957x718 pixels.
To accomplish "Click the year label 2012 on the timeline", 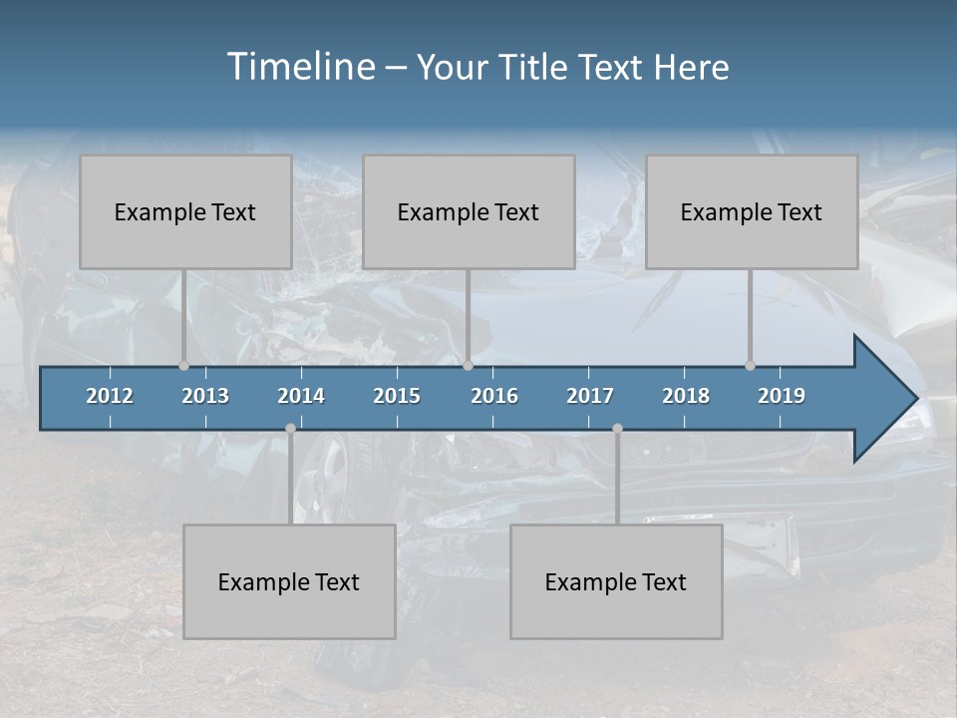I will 110,396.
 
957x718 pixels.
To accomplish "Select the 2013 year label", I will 205,396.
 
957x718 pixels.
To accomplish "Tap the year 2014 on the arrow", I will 301,396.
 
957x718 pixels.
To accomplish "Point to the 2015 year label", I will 397,396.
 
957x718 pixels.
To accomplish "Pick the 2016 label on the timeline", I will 494,396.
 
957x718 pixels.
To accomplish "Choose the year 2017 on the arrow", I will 590,396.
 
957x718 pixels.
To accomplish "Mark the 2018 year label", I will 686,396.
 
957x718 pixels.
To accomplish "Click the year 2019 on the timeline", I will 782,396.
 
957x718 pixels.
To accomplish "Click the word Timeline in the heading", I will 300,67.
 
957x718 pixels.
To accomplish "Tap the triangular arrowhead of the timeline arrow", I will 882,399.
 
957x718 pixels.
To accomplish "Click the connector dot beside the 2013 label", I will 183,365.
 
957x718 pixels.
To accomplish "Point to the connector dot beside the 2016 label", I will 468,365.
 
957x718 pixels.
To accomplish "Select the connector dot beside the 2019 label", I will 750,365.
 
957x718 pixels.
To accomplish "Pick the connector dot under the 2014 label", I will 290,428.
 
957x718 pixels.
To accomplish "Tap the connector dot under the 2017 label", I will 617,428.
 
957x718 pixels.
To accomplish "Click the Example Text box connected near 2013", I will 185,211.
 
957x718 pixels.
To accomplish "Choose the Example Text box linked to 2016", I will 469,211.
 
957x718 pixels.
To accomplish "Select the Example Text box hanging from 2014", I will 289,581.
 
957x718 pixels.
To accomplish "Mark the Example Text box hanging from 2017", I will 616,581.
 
